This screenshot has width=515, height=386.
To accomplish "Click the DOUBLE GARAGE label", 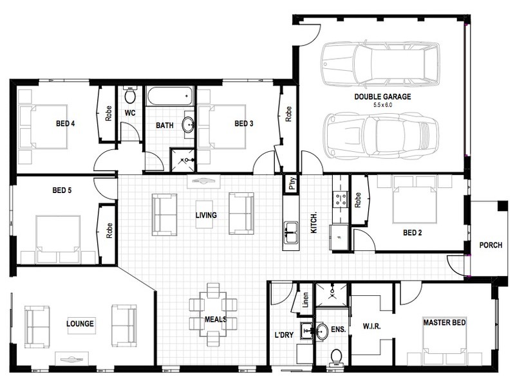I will (x=382, y=96).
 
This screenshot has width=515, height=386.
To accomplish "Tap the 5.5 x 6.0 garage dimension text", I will (x=382, y=104).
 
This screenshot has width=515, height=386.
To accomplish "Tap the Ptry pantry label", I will (x=292, y=183).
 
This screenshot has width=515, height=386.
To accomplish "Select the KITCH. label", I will (x=315, y=223).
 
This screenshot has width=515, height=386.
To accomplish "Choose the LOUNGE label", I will (x=81, y=322).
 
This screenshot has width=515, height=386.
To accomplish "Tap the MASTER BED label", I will (x=444, y=322).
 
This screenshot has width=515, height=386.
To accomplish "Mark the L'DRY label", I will (x=283, y=335).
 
